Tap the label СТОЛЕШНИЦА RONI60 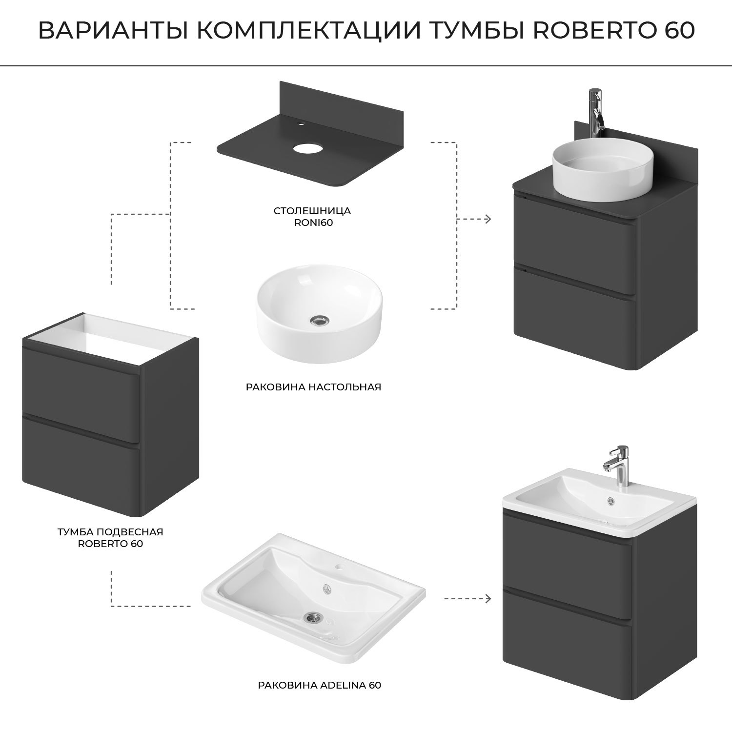tap(312, 217)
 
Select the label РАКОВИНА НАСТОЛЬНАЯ tap(313, 387)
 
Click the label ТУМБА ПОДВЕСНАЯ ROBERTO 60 tap(110, 537)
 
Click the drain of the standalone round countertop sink tap(320, 320)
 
